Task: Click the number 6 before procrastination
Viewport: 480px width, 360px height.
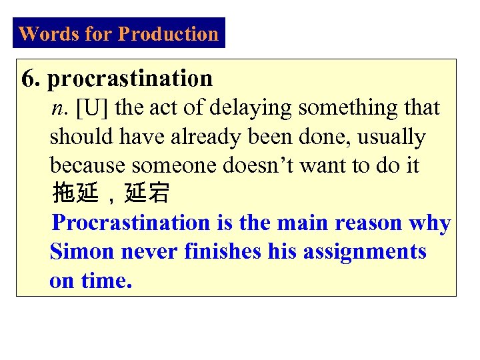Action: [x=29, y=79]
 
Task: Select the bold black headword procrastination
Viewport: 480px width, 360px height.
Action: [x=130, y=79]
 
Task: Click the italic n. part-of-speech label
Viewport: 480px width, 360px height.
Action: [x=60, y=108]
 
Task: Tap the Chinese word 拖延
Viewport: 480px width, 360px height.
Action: [x=73, y=194]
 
